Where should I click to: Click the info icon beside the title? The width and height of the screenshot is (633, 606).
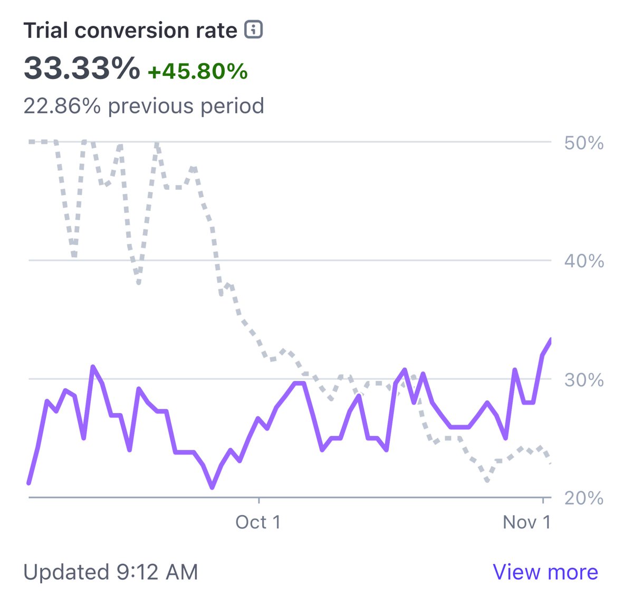point(253,30)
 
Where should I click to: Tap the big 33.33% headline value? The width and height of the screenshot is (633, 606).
point(82,69)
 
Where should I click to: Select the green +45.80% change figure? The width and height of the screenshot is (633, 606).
point(197,71)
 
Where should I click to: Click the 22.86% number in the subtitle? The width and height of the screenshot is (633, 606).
point(62,106)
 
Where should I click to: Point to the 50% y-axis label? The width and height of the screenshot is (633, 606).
point(583,143)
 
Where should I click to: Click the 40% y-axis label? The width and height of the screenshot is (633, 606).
point(583,261)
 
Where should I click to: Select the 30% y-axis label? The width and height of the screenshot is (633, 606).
point(583,380)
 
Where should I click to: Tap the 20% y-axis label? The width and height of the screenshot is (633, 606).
point(583,498)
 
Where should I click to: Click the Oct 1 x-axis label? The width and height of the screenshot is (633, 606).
point(258,522)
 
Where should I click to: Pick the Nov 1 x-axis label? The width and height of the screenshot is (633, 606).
point(526,522)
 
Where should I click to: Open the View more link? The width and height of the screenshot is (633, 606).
point(545,572)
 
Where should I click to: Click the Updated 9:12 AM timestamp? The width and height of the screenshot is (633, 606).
point(111,572)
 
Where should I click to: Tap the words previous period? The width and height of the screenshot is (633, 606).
point(186,106)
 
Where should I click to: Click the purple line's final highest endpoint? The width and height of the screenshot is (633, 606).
point(550,340)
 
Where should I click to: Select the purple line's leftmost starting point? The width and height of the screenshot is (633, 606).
point(29,483)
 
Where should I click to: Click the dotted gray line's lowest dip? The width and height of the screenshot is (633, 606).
point(487,480)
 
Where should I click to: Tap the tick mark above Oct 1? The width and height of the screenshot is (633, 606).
point(258,500)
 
